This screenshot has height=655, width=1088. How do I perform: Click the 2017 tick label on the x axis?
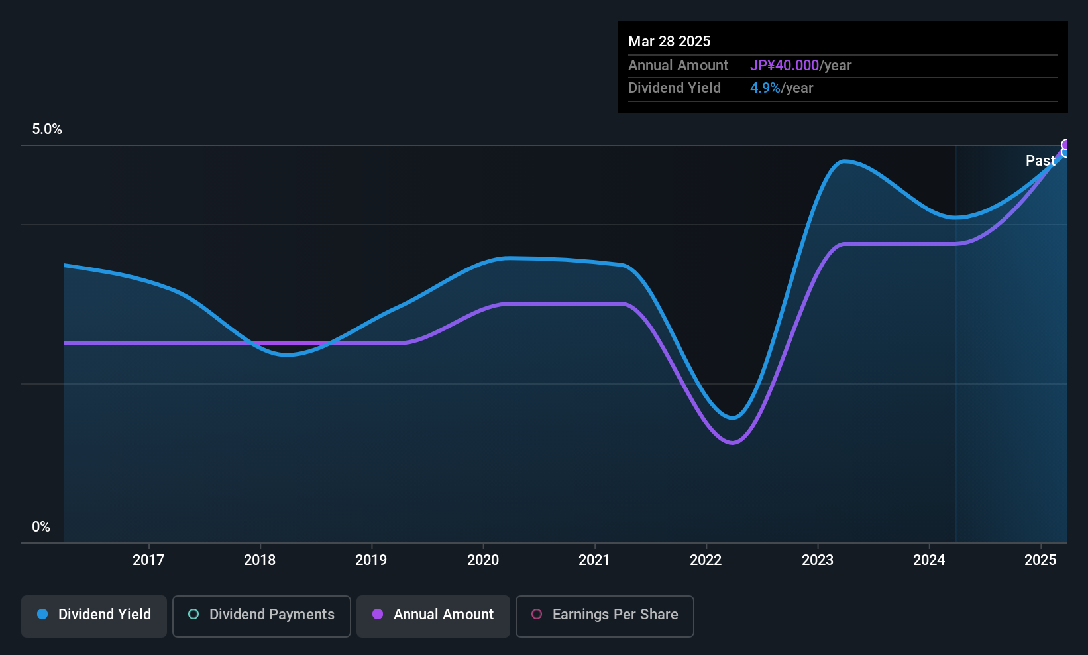[148, 560]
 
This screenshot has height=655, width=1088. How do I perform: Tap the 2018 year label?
[260, 560]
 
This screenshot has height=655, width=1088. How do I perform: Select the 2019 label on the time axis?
[372, 560]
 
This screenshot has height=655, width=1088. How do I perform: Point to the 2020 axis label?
[483, 560]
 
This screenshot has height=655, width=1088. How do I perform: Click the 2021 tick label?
[594, 560]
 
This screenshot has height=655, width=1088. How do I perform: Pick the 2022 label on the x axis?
[706, 560]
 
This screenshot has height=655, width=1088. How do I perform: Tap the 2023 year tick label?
[818, 560]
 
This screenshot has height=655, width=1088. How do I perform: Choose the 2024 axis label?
[929, 560]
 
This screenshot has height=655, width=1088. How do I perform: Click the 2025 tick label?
[1040, 560]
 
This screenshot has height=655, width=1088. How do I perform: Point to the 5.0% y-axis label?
[47, 129]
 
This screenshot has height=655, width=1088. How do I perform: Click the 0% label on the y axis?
[41, 527]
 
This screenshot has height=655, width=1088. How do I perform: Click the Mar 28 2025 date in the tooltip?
[669, 41]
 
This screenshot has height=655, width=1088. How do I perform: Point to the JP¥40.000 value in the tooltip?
[785, 65]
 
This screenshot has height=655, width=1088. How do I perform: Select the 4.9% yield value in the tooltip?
[765, 88]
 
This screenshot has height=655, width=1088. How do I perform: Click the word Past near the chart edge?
[1040, 161]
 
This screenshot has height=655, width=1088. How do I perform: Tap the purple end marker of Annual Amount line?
[1065, 145]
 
